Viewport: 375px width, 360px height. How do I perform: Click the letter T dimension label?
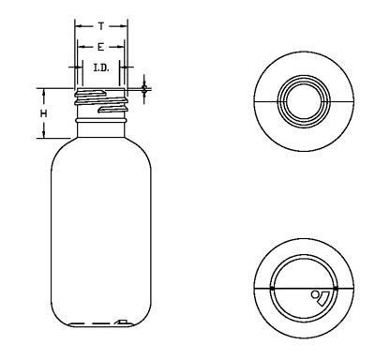tap(101, 26)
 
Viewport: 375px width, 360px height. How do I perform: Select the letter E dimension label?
tap(100, 47)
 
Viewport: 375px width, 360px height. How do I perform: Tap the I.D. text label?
tap(101, 67)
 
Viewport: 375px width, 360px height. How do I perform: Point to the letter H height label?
tap(44, 113)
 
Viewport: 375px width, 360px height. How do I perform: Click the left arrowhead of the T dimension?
tap(78, 26)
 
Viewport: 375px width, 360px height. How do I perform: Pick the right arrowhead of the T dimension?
tap(125, 26)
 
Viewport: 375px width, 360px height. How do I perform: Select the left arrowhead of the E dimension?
tap(81, 47)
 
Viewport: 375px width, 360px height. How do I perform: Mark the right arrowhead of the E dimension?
tap(121, 47)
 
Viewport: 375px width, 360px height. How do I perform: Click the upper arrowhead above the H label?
tap(44, 92)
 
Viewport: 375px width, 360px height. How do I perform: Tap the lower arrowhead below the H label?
tap(44, 134)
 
